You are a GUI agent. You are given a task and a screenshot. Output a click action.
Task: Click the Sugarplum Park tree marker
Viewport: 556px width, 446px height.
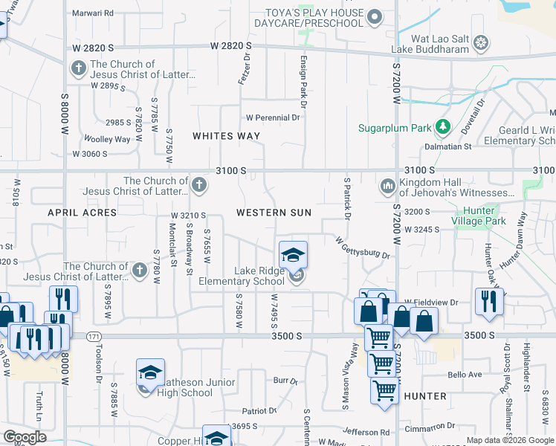[443, 128]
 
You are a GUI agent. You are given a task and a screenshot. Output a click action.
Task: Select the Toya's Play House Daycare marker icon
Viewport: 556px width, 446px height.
[375, 16]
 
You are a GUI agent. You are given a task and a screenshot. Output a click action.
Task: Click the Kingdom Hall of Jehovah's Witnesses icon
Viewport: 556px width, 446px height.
[387, 187]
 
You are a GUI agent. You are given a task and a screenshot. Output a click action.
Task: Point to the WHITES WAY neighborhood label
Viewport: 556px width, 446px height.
[226, 136]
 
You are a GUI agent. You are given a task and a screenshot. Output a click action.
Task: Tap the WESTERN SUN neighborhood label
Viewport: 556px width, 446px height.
[274, 213]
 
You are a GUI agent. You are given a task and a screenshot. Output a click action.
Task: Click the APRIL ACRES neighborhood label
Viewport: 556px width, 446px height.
[83, 213]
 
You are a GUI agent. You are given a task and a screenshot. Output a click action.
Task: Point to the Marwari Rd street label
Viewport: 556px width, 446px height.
[94, 13]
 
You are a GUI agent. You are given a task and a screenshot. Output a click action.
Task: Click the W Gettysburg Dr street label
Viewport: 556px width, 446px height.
[363, 248]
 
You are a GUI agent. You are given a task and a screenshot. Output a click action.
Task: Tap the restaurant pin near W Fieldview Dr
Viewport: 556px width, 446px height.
[489, 300]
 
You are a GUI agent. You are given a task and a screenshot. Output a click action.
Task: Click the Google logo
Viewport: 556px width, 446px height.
[25, 437]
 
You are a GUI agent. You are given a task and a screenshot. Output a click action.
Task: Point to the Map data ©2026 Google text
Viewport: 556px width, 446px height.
[509, 440]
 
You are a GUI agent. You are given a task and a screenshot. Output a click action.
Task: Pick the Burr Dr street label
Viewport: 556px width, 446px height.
[285, 381]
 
